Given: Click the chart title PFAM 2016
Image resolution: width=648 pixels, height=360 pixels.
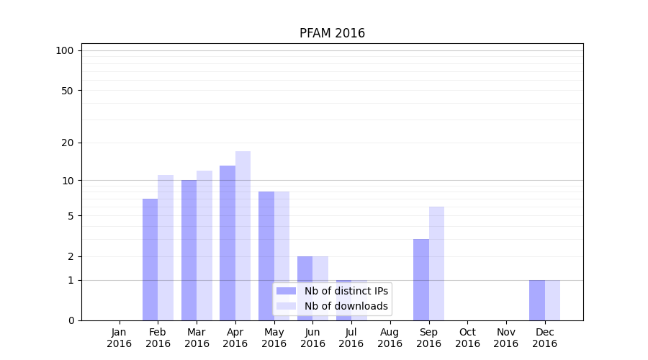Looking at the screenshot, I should pos(332,34).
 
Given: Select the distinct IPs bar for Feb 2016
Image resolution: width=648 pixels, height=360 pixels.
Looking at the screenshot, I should pos(150,259).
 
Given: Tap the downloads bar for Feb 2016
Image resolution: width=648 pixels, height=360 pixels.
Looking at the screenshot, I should pos(166,248).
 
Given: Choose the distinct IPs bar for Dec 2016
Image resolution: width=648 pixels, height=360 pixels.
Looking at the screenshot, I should pos(537,300).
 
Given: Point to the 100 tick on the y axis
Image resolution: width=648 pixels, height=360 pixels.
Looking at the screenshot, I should pos(65,50).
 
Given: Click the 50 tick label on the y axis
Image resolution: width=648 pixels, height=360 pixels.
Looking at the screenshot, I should pos(67,91).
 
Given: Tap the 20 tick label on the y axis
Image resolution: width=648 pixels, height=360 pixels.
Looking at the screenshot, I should pos(67,143).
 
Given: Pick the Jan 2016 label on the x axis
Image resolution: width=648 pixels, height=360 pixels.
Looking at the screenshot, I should pos(120,338).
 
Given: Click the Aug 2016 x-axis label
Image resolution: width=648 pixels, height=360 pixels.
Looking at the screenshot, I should pos(390,338).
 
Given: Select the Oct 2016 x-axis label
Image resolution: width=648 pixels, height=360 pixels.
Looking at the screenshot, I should pos(467,338).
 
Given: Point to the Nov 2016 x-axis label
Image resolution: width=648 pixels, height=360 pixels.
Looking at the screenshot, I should pos(506,338).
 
